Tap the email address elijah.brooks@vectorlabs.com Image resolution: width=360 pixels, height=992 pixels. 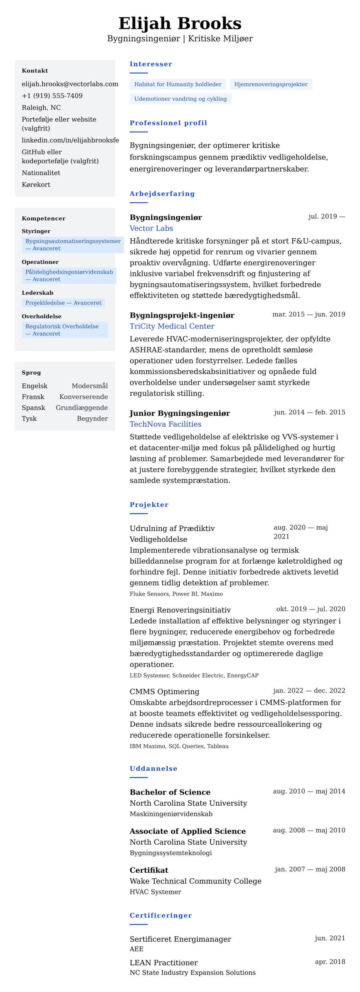tap(70, 84)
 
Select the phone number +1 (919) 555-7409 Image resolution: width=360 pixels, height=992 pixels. tap(52, 96)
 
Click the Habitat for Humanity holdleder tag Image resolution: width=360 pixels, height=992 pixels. tap(178, 84)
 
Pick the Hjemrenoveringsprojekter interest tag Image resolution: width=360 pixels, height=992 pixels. tap(271, 84)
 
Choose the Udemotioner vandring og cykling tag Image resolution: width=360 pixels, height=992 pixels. tap(180, 99)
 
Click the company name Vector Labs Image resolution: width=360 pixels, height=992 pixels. tap(151, 228)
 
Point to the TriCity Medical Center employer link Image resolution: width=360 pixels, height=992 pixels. tap(172, 326)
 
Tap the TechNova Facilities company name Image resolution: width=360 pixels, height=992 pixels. tap(166, 424)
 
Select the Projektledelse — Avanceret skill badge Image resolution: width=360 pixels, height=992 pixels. tap(63, 303)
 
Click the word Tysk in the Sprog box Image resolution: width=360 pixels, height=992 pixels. tap(29, 418)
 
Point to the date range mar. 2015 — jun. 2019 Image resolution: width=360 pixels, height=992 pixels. tap(308, 314)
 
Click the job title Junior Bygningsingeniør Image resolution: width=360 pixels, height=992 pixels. tap(179, 413)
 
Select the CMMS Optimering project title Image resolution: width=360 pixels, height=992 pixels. tap(164, 692)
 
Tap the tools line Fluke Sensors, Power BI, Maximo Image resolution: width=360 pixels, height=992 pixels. tap(176, 594)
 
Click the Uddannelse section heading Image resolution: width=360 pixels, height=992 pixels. tap(153, 769)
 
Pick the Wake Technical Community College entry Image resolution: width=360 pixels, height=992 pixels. tap(195, 881)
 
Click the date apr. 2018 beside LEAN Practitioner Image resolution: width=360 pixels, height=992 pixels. tap(330, 962)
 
